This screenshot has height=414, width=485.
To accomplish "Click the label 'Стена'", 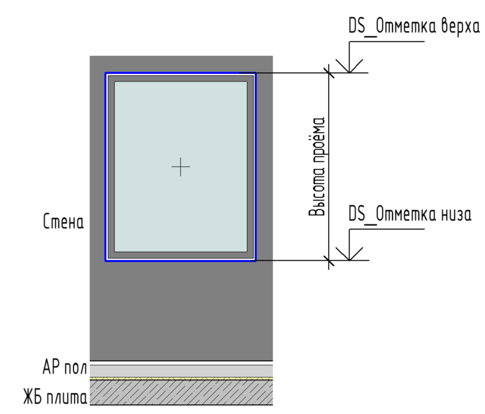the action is (x=64, y=221).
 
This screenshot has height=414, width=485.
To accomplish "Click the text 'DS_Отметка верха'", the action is (x=414, y=26).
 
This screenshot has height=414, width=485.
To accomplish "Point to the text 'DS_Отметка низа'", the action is (x=410, y=214).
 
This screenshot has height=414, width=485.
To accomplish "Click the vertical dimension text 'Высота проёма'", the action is (x=317, y=167).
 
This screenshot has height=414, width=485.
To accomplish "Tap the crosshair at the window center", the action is (x=181, y=167).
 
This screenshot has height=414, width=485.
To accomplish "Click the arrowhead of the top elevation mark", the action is (x=349, y=72).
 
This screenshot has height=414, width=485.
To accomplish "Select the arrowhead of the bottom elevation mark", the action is (x=349, y=260).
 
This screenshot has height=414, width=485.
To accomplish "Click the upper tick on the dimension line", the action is (x=329, y=73).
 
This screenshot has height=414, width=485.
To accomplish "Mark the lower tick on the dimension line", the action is (x=329, y=260).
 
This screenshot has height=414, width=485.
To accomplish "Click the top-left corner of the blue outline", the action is (x=105, y=73).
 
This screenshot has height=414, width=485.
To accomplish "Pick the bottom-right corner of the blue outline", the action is (x=256, y=261).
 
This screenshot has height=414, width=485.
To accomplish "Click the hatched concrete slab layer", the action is (x=181, y=392).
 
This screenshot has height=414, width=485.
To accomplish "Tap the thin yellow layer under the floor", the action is (x=181, y=378).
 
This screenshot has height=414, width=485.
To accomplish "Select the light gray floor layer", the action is (x=181, y=371).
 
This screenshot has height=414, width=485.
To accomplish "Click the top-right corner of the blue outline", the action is (x=256, y=73).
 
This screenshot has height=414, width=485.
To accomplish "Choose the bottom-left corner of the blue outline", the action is (x=105, y=261).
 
